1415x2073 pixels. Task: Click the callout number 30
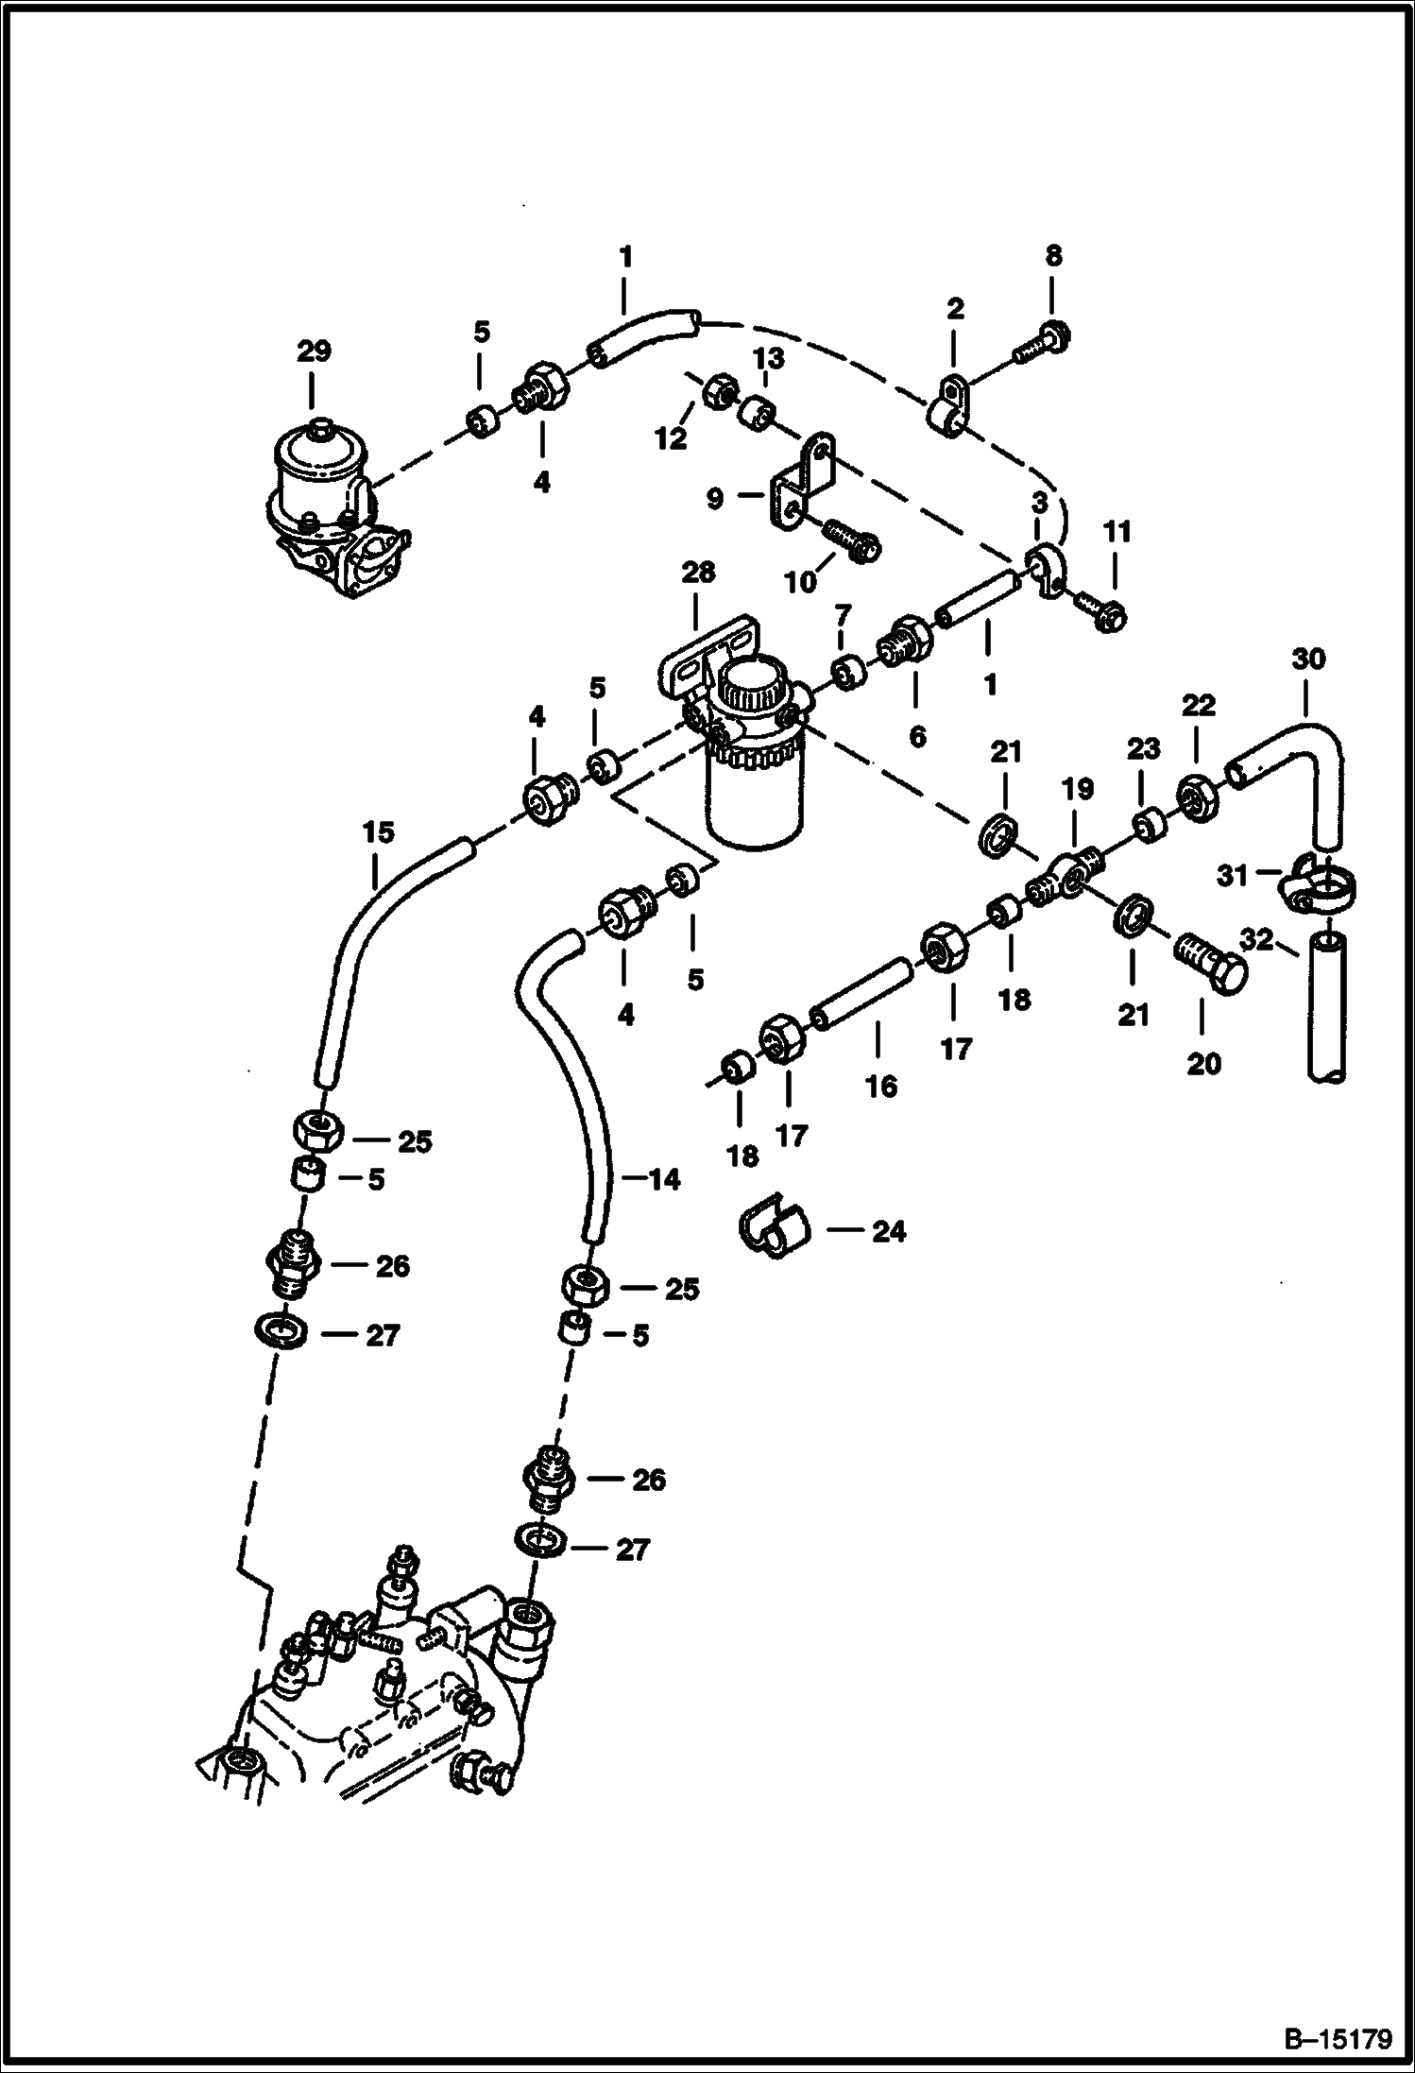coord(1308,659)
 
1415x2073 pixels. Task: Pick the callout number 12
coord(672,438)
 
